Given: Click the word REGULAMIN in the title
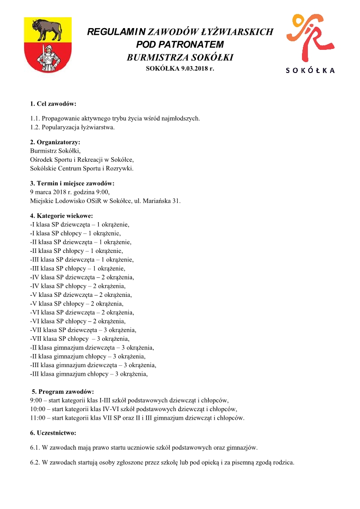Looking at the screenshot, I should pyautogui.click(x=116, y=32).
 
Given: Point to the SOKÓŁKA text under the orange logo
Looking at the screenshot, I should pyautogui.click(x=310, y=70).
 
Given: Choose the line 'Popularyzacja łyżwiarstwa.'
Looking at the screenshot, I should pyautogui.click(x=72, y=127).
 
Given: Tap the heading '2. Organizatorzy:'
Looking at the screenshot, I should pyautogui.click(x=55, y=142).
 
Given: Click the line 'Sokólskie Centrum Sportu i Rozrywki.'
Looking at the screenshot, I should pyautogui.click(x=82, y=168).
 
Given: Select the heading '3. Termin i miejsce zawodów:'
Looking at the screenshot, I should pyautogui.click(x=72, y=184).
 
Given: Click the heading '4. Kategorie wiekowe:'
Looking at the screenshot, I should pyautogui.click(x=61, y=216).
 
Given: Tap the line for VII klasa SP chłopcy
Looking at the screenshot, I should pyautogui.click(x=80, y=339).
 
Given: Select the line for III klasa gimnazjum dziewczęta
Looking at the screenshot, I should pyautogui.click(x=93, y=365).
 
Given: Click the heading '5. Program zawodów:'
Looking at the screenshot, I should pyautogui.click(x=63, y=391).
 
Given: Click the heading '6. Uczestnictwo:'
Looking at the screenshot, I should pyautogui.click(x=53, y=433).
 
